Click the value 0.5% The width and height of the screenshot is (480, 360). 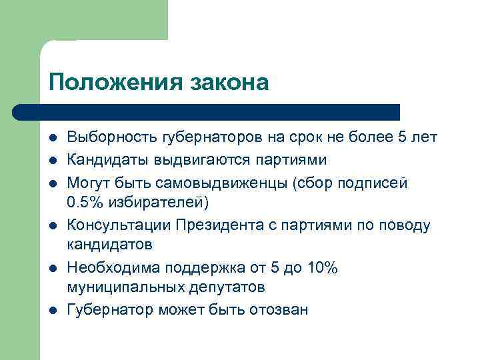[84, 203]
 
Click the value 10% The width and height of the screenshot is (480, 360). [323, 268]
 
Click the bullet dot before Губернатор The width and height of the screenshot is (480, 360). [53, 311]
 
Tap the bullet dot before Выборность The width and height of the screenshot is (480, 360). [53, 138]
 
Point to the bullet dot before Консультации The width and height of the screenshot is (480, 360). [53, 225]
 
